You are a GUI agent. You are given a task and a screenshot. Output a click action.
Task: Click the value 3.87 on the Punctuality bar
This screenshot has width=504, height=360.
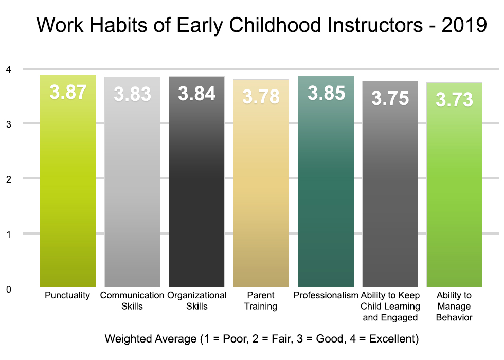68,93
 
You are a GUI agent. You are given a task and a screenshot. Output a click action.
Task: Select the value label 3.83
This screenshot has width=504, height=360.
133,94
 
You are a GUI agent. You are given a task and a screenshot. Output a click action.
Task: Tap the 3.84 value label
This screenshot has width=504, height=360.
197,94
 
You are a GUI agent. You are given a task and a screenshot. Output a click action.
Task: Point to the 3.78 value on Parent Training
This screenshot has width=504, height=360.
261,97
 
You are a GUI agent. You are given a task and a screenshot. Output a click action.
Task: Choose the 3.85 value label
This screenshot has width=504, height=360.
326,94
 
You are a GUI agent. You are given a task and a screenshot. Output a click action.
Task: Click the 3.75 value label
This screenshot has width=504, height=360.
390,98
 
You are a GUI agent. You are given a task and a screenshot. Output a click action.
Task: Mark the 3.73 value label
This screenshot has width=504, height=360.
455,100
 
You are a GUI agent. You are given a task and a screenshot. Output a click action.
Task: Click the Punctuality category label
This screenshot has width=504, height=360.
67,295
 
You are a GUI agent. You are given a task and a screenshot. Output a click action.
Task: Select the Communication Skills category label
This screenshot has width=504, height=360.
132,301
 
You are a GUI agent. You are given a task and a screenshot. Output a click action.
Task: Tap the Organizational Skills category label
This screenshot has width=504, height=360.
197,301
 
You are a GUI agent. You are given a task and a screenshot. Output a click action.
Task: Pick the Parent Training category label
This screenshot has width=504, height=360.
261,301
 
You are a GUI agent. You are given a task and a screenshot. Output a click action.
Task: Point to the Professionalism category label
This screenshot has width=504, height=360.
326,295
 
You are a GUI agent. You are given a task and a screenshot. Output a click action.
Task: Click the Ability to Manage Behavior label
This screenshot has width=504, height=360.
454,306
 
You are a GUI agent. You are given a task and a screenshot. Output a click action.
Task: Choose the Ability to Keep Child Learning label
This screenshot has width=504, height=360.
390,306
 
